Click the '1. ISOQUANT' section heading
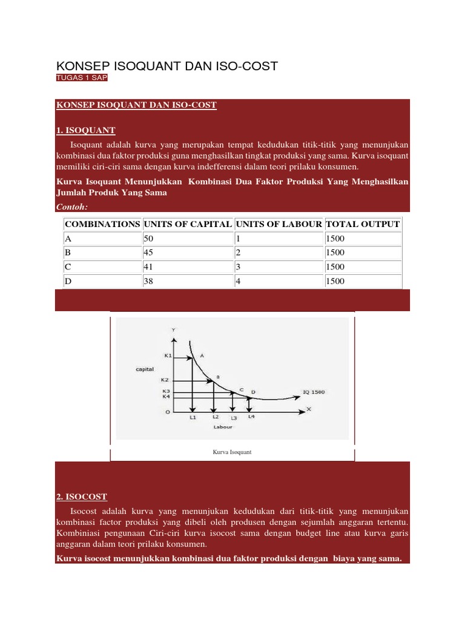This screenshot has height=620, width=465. [x=85, y=130]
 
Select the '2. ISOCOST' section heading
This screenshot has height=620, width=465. [x=81, y=496]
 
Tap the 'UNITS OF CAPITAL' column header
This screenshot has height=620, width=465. [x=188, y=224]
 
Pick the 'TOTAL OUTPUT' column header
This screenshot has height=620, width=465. [x=363, y=224]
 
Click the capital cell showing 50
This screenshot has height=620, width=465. [x=149, y=239]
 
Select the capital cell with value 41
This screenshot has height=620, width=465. [x=149, y=267]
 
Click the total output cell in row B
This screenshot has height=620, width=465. [x=335, y=253]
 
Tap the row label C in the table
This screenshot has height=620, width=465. [x=68, y=267]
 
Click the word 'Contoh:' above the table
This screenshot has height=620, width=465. [x=71, y=207]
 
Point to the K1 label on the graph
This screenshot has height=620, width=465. [x=168, y=355]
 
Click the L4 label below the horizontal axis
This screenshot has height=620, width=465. [x=251, y=417]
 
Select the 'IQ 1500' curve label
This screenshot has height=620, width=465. [x=314, y=392]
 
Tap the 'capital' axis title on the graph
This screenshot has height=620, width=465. [x=145, y=368]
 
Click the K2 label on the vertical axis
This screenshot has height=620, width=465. [x=165, y=380]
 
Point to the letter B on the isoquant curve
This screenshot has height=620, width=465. [x=218, y=376]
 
